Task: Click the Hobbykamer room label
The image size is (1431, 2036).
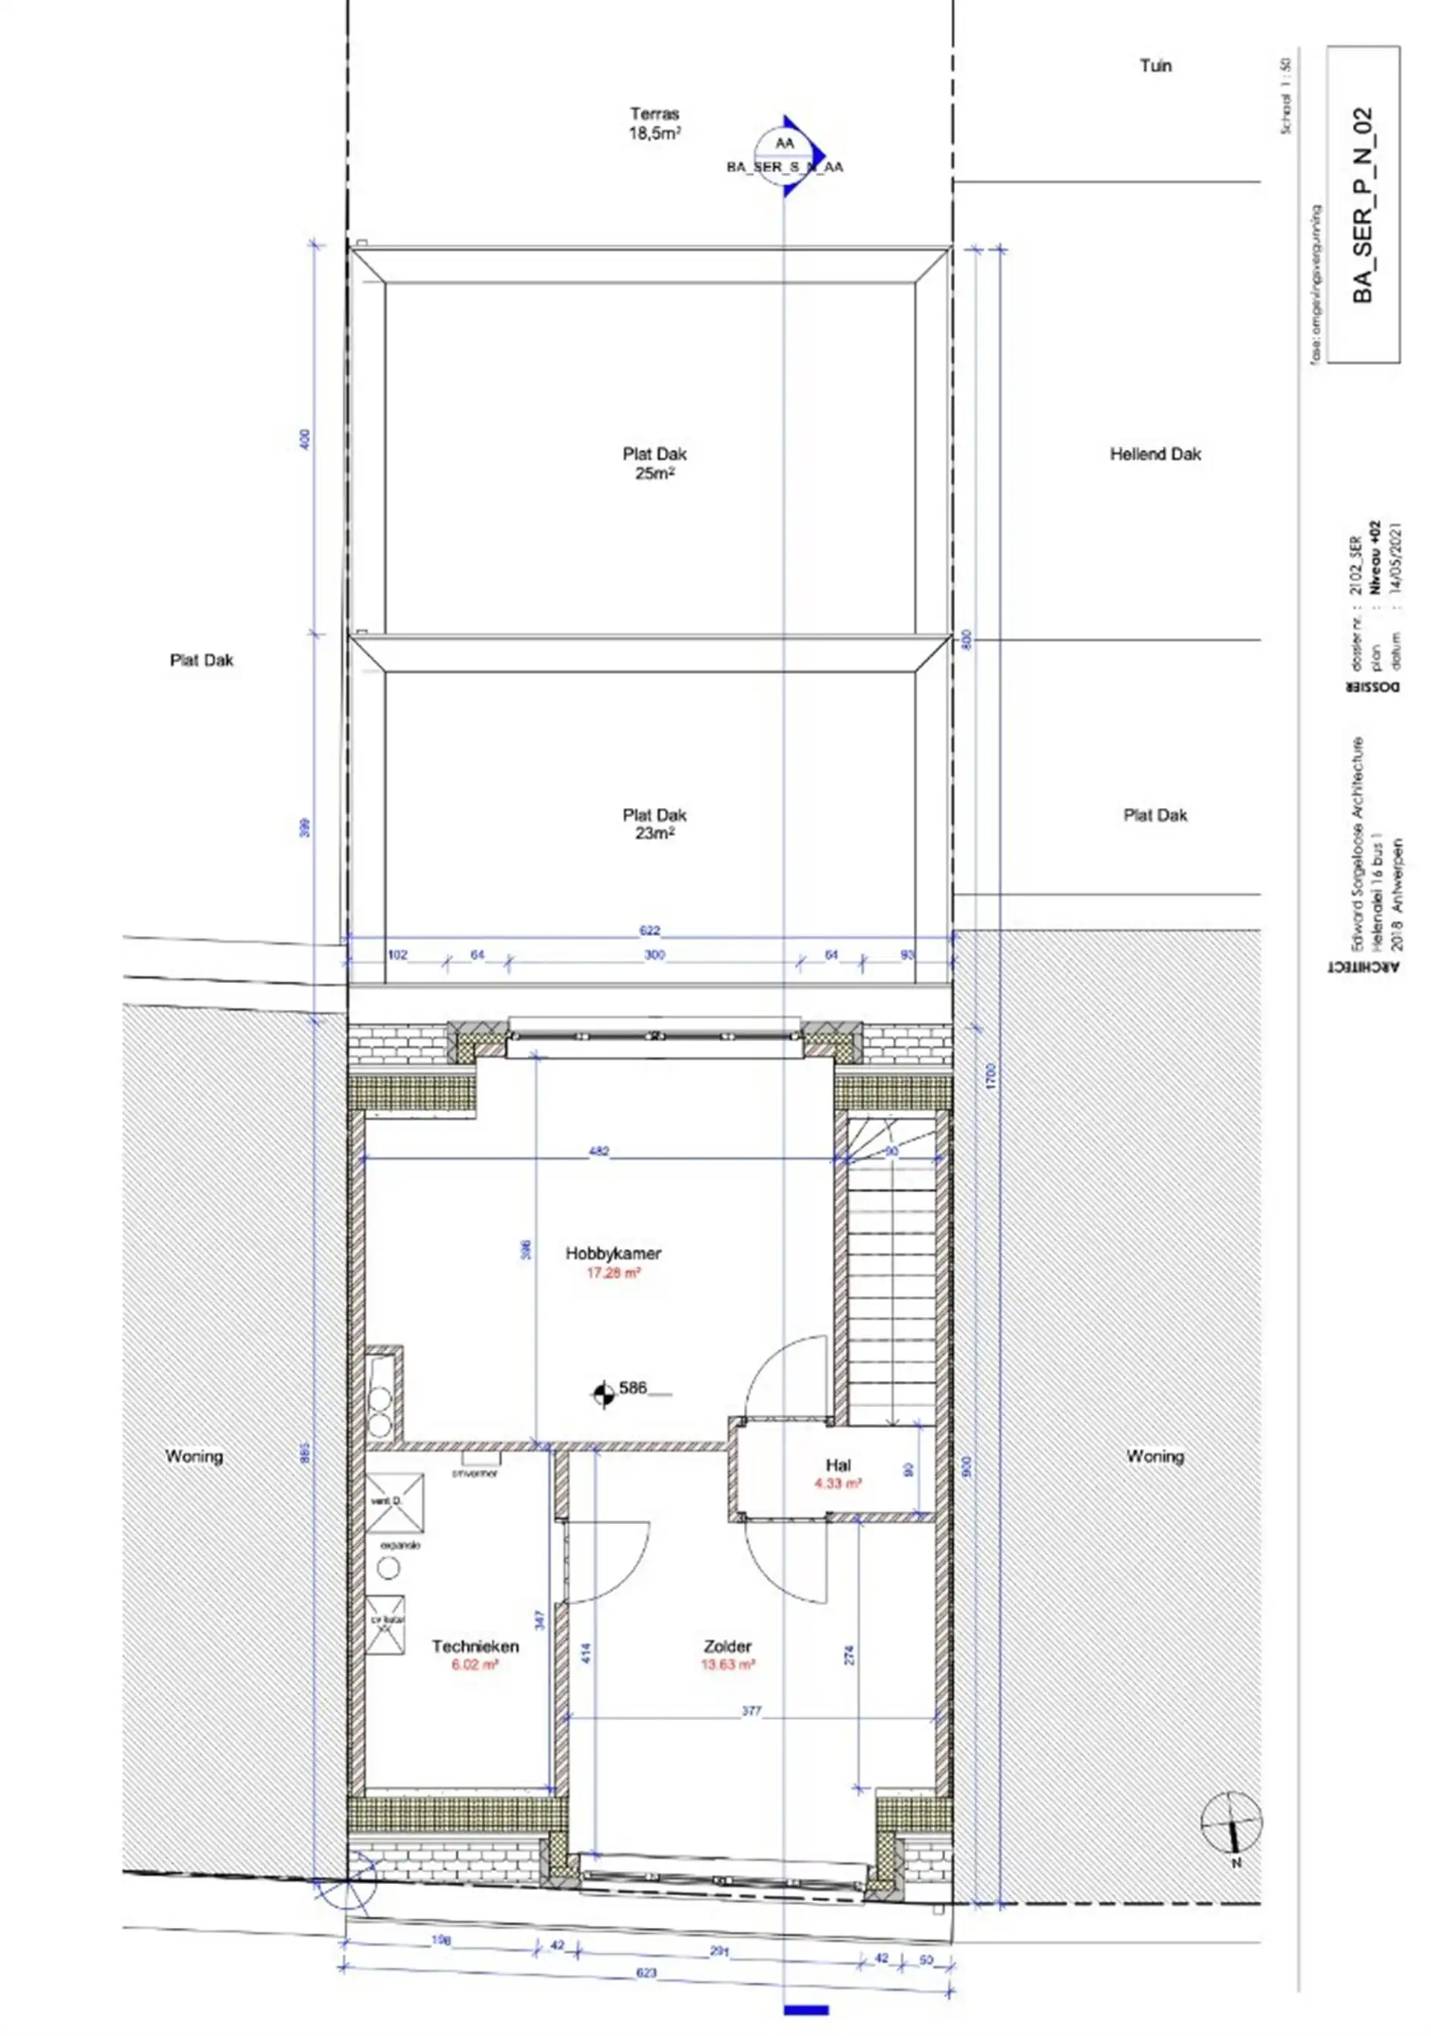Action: coord(613,1253)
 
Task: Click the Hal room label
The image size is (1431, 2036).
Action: coord(838,1465)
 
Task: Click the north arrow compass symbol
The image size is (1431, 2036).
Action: coord(1231,1821)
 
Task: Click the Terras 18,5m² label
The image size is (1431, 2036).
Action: coord(654,123)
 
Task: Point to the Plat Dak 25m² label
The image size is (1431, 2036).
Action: coord(654,463)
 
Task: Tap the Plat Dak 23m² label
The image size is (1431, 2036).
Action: coord(654,823)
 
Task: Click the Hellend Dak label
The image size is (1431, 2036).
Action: coord(1154,454)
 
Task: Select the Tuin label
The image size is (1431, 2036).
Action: coord(1155,66)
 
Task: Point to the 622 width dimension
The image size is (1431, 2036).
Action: coord(650,930)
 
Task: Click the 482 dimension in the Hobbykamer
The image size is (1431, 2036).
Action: coord(599,1151)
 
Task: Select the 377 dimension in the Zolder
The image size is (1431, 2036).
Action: coord(751,1710)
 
